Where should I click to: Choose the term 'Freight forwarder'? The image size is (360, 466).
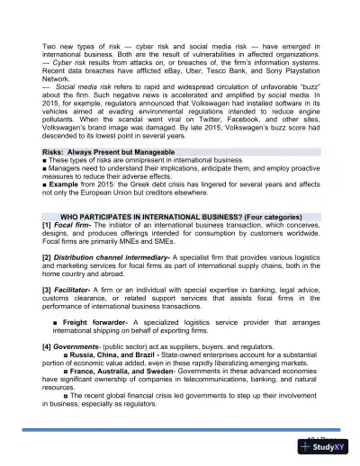coord(94,321)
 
